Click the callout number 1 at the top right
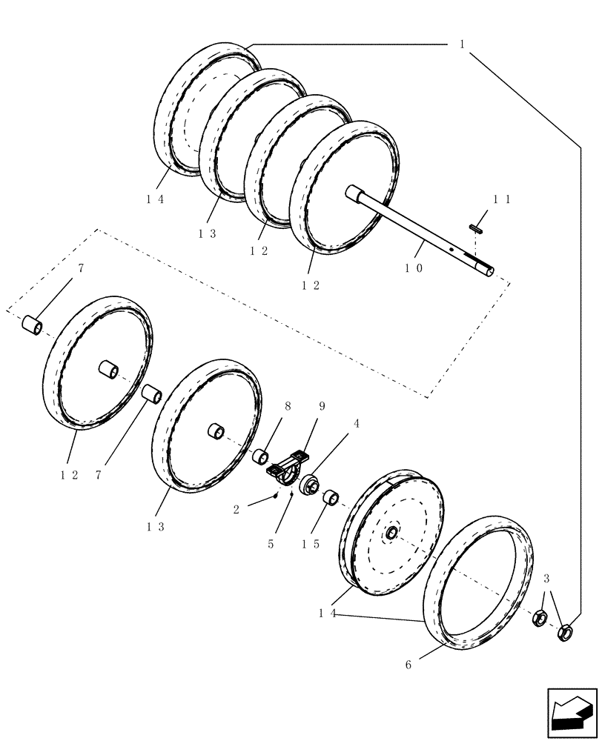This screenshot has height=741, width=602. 462,44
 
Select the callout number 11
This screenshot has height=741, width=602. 503,199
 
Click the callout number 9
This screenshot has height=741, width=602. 322,406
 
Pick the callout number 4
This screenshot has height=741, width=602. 357,425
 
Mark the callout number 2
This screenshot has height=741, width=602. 236,509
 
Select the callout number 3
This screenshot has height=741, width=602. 546,578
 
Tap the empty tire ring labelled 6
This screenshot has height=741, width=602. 478,582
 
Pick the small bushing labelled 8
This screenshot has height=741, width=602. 260,456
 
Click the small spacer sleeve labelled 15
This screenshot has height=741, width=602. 331,496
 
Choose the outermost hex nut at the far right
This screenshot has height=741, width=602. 565,631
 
